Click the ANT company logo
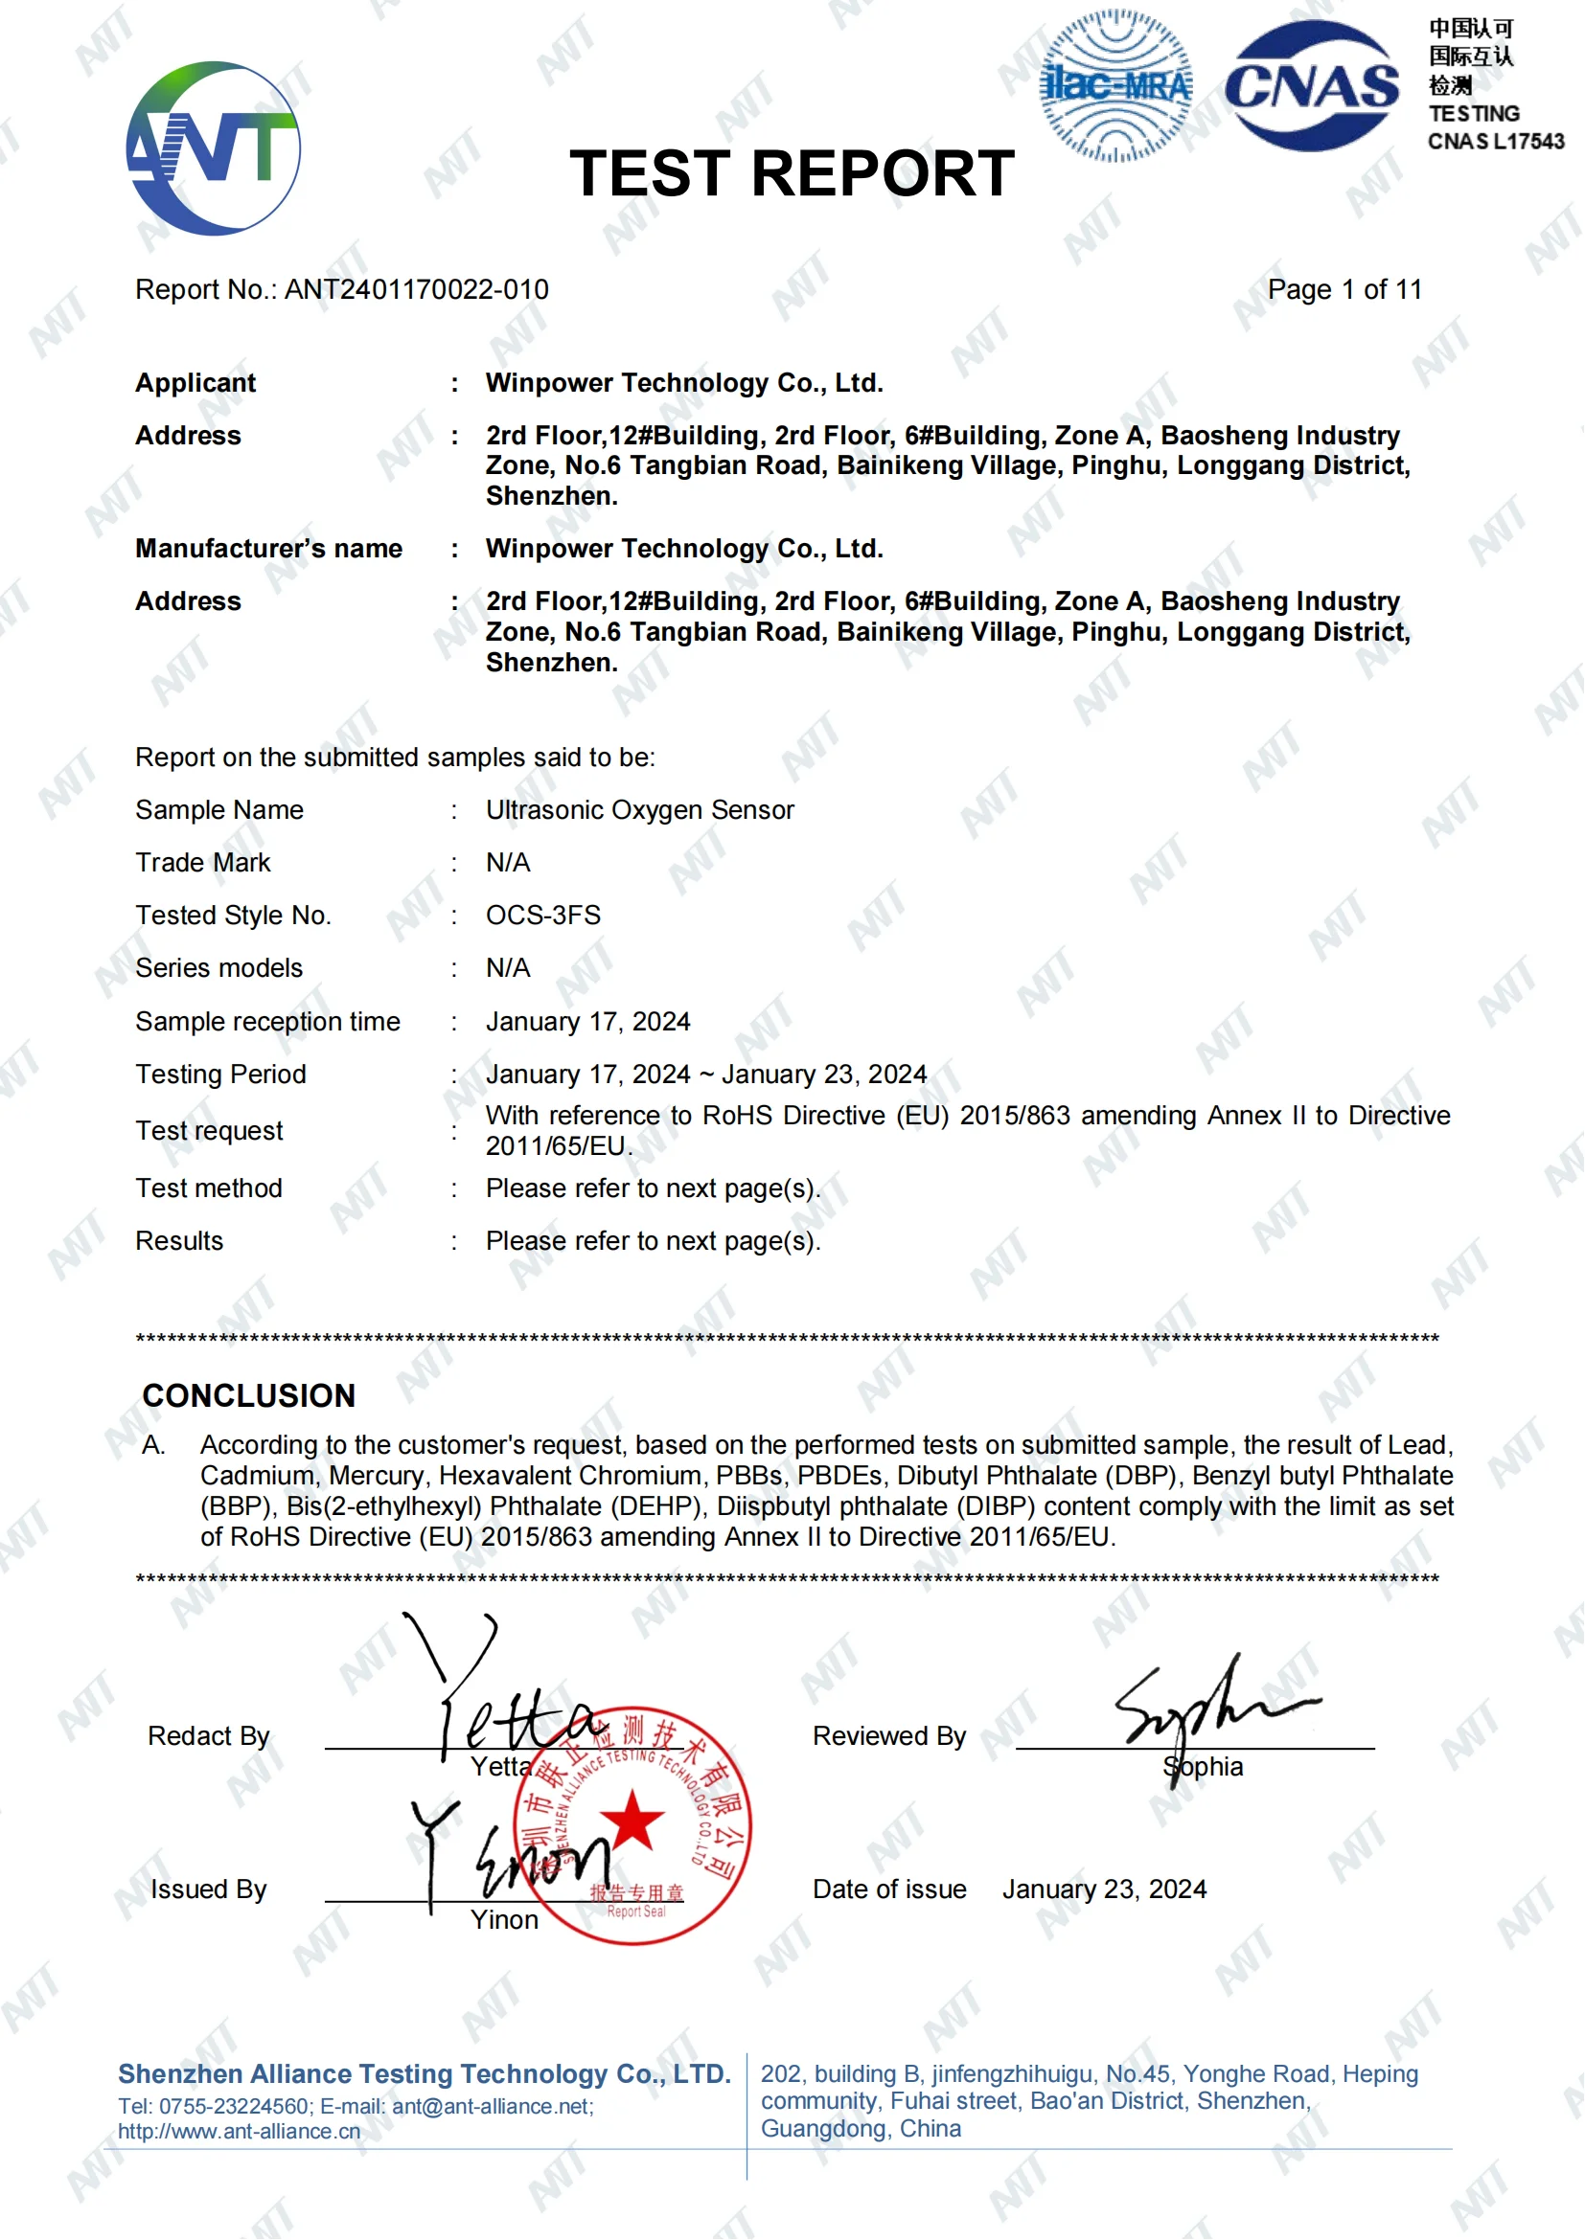(213, 148)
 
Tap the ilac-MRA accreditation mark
(1116, 86)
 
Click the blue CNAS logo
(1312, 86)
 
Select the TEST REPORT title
(792, 173)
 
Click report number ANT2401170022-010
(416, 290)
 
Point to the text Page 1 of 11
(1344, 290)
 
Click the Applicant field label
(195, 382)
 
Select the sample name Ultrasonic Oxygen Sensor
(639, 810)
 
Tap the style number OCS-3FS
(542, 916)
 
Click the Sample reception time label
(267, 1022)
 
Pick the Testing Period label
(220, 1075)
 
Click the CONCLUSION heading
(249, 1395)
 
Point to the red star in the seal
(632, 1820)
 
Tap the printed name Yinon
(504, 1920)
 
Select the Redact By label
(208, 1735)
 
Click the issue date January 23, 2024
(1104, 1889)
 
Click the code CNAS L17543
(1495, 142)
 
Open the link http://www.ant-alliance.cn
(240, 2132)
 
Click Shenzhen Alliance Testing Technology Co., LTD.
(424, 2073)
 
